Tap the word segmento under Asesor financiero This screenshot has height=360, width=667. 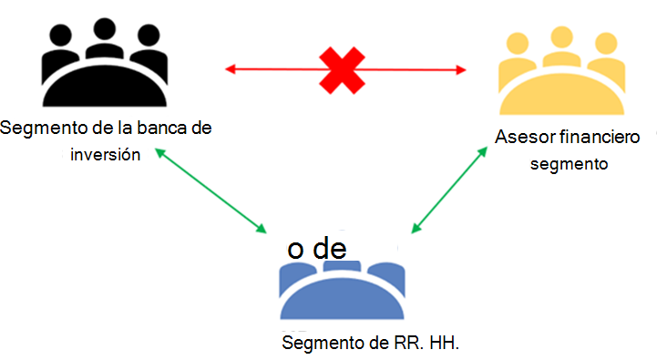[570, 165]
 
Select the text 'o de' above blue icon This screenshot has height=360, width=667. [316, 249]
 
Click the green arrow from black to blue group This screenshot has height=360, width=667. [212, 192]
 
